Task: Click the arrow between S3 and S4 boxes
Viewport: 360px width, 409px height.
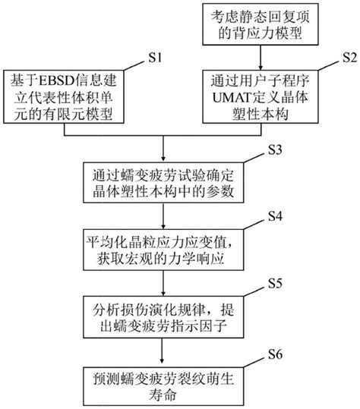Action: coord(163,216)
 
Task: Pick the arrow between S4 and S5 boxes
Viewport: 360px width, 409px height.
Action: coord(163,285)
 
